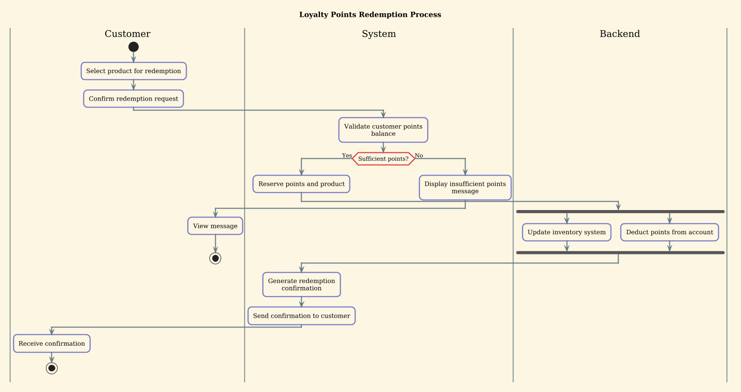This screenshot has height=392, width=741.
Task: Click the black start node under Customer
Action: click(x=133, y=47)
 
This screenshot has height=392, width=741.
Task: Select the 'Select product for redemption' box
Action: click(x=134, y=71)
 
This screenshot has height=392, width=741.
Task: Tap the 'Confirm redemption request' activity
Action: click(x=133, y=99)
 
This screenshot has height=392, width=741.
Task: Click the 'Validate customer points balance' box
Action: click(x=383, y=130)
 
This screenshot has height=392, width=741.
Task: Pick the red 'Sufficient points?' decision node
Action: click(x=384, y=159)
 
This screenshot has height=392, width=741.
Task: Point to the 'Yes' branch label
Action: click(x=347, y=155)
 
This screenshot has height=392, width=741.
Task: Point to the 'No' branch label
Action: click(x=419, y=155)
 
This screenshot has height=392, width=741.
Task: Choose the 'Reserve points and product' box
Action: click(x=301, y=184)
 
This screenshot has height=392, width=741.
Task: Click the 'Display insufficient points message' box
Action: click(x=465, y=187)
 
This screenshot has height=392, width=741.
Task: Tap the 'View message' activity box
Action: click(x=215, y=226)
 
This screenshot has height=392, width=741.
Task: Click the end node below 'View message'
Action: click(x=215, y=258)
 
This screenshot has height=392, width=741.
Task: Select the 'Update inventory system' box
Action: click(x=567, y=232)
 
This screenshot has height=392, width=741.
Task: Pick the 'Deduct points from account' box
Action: click(x=669, y=232)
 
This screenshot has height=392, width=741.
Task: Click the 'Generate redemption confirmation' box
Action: click(x=301, y=285)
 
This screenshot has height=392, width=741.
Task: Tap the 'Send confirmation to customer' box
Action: click(x=301, y=316)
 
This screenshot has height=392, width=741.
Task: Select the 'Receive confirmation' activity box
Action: click(x=52, y=343)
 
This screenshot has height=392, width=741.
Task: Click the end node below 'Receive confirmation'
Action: click(x=52, y=368)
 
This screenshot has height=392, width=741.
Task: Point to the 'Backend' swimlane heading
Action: click(x=620, y=34)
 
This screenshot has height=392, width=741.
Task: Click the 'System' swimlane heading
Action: click(x=379, y=34)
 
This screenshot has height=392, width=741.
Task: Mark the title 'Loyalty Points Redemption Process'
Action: click(x=370, y=14)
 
